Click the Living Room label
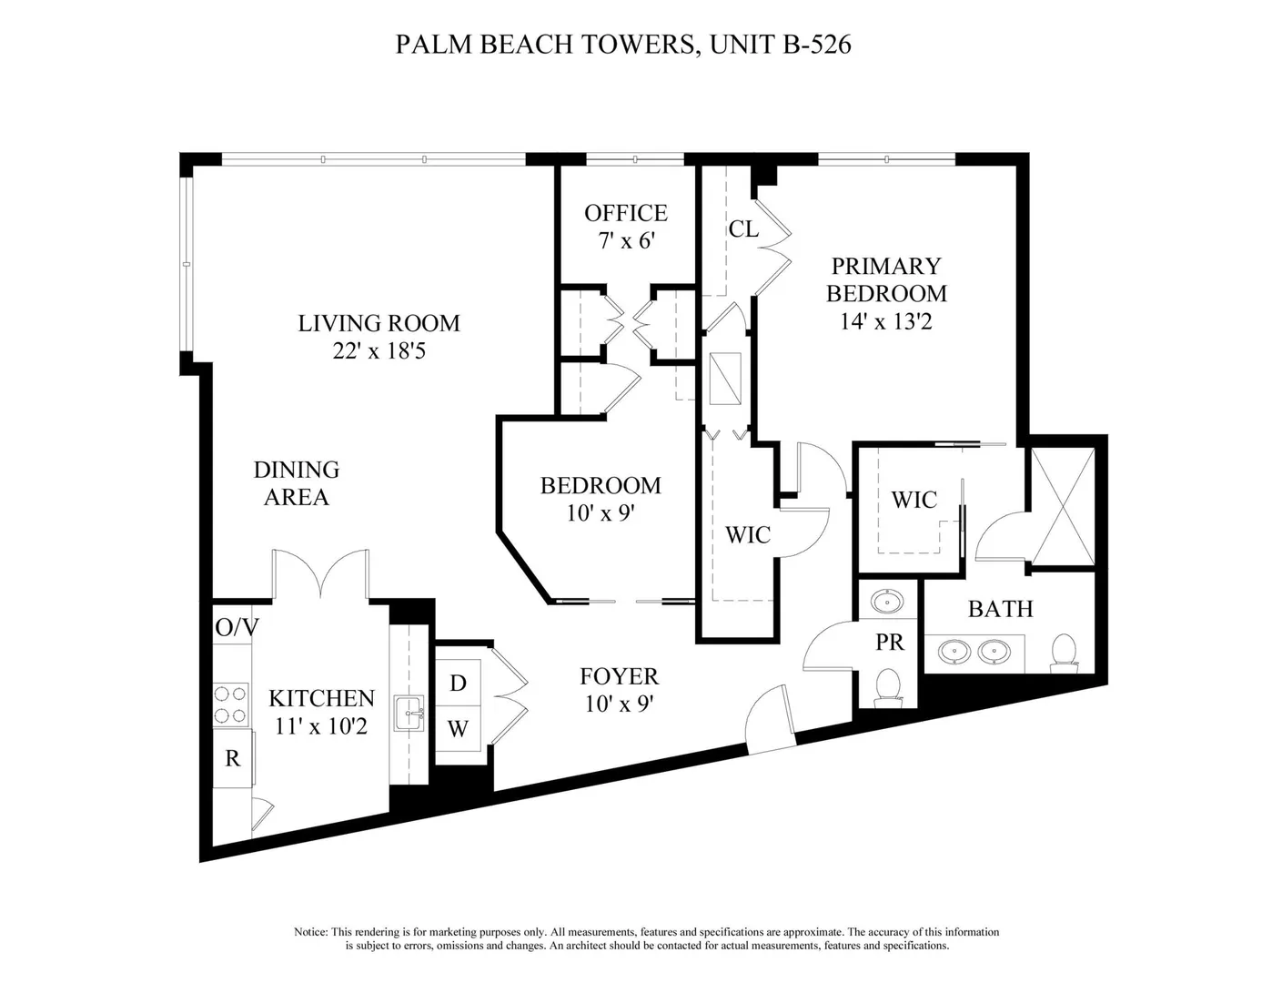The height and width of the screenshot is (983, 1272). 379,323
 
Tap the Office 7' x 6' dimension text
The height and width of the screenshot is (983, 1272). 626,240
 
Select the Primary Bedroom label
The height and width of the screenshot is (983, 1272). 886,279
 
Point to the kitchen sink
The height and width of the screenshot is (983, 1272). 409,713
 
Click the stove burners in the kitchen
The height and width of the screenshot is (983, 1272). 230,704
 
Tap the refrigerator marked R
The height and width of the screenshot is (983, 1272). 232,758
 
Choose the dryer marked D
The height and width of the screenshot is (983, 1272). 458,683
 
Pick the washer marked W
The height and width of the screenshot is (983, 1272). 458,728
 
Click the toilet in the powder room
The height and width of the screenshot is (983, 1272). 887,687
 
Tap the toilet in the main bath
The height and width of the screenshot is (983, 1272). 1065,653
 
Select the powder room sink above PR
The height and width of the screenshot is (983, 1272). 887,602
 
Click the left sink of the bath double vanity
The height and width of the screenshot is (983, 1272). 954,651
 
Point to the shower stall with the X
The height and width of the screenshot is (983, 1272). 1063,505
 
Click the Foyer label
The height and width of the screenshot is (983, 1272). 620,676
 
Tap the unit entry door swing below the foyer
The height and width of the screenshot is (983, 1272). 769,719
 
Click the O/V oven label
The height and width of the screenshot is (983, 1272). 237,628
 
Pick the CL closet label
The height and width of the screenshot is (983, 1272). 743,229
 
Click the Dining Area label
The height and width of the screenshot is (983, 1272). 297,483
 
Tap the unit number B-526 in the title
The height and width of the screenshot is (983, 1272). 816,45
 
